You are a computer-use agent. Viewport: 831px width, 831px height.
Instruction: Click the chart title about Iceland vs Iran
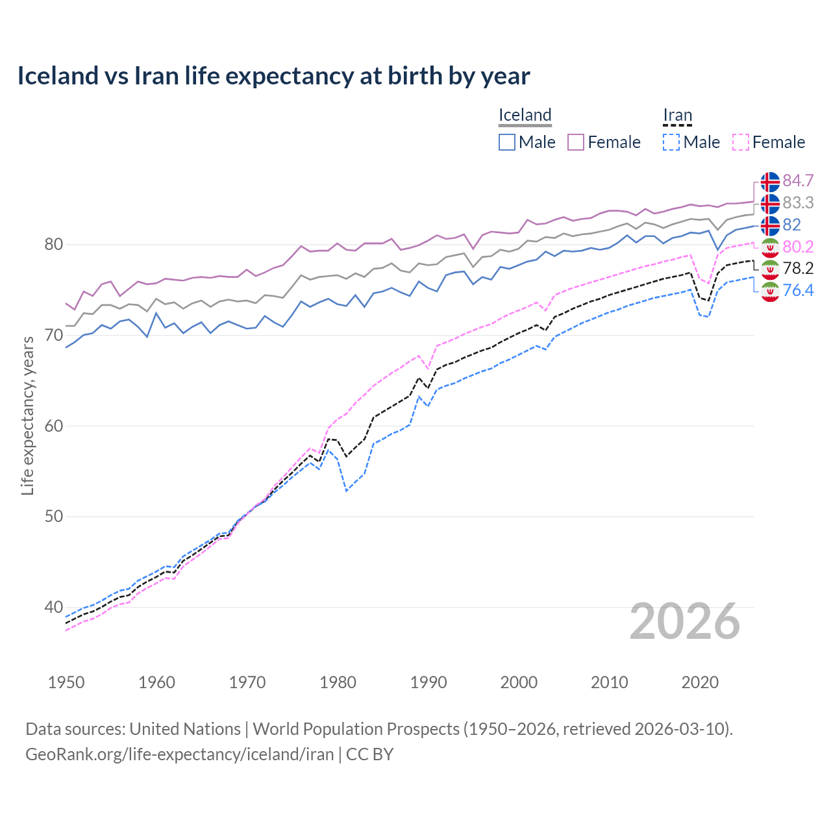click(x=273, y=76)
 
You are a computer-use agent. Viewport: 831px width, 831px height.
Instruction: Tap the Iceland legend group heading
click(x=525, y=115)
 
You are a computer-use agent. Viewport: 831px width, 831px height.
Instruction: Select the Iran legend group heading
click(x=677, y=115)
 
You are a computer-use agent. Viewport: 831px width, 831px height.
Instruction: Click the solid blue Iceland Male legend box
click(x=507, y=142)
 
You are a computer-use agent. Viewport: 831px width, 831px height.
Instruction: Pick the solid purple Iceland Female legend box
click(x=576, y=142)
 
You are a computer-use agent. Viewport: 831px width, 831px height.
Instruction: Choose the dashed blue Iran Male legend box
click(x=671, y=142)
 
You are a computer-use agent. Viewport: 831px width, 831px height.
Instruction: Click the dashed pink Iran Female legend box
click(x=741, y=142)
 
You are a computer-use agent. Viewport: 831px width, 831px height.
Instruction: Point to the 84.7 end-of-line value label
click(x=798, y=180)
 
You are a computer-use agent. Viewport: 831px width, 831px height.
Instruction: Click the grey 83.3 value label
click(x=798, y=203)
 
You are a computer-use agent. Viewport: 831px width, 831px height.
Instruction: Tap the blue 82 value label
click(x=791, y=225)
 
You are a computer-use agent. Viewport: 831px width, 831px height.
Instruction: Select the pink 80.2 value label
click(x=798, y=247)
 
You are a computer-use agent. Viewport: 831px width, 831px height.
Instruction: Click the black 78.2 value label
click(x=798, y=268)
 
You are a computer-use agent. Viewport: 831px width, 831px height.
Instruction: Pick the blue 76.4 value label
click(x=798, y=290)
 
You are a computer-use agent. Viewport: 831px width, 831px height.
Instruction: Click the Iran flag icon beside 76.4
click(x=770, y=291)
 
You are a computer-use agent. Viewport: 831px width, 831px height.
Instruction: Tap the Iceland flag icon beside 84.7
click(x=770, y=182)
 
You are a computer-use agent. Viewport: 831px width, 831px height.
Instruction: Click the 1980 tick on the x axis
click(x=338, y=682)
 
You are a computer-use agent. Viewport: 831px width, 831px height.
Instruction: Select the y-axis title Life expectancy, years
click(x=27, y=415)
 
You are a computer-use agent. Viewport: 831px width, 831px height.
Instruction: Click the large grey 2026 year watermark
click(x=684, y=621)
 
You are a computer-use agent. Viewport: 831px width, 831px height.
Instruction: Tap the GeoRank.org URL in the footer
click(x=179, y=754)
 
